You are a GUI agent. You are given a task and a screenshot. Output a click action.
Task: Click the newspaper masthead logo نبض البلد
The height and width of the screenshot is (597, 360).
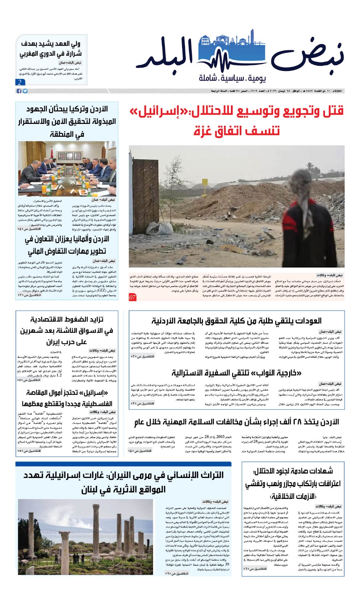point(244,56)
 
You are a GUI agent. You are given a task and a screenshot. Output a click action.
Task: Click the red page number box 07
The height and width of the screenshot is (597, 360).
point(133,297)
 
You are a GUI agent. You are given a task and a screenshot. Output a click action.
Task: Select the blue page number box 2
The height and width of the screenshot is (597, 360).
point(20,82)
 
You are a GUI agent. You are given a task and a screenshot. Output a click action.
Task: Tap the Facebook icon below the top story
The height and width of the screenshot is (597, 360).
point(19,91)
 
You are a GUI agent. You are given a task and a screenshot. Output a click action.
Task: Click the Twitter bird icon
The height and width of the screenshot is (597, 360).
point(25,91)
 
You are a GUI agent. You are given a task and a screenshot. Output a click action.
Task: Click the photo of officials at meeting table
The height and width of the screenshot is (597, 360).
point(67,169)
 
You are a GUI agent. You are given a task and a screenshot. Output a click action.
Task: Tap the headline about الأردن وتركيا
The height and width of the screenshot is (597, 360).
point(67,121)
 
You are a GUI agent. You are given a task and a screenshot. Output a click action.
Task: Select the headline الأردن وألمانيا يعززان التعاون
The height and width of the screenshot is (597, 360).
point(67,245)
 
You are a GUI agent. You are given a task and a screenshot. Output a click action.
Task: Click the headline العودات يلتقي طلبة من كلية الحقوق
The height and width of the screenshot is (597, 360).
point(236,321)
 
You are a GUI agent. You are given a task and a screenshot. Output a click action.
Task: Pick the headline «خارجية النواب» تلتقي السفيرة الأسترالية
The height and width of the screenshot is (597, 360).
point(236,373)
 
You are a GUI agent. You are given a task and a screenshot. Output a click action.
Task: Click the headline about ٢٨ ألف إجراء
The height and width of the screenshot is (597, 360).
point(236,422)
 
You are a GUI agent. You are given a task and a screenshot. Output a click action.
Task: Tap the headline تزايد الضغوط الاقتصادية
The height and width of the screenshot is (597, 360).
point(67,331)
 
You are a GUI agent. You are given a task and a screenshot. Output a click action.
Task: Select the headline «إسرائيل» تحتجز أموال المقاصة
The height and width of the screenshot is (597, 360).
point(67,398)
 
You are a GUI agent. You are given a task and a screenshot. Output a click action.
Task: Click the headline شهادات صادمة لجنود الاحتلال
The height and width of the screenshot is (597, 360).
point(293,484)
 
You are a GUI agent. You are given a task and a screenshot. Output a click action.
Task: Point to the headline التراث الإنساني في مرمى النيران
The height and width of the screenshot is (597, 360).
point(123,482)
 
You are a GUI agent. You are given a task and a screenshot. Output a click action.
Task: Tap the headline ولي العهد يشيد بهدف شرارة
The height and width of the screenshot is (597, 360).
point(51,49)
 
